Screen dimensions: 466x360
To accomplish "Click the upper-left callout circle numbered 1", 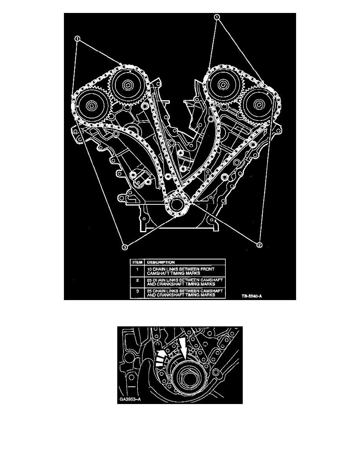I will pos(78,39).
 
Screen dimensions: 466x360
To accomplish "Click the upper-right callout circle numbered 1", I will pos(217,17).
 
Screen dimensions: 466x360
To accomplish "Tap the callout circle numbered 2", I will pos(259,245).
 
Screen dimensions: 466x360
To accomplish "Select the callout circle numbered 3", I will pos(124,247).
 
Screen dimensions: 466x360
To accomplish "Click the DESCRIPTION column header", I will pos(159,262).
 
